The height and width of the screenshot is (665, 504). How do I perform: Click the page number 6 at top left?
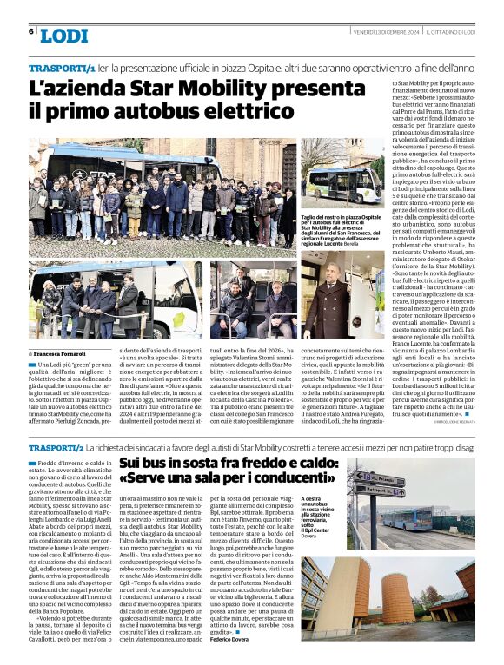pyautogui.click(x=31, y=31)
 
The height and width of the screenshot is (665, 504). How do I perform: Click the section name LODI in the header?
pyautogui.click(x=63, y=35)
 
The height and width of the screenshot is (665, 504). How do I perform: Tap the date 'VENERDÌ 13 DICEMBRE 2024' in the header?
pyautogui.click(x=386, y=32)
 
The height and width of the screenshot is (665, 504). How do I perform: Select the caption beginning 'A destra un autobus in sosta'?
pyautogui.click(x=321, y=514)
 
